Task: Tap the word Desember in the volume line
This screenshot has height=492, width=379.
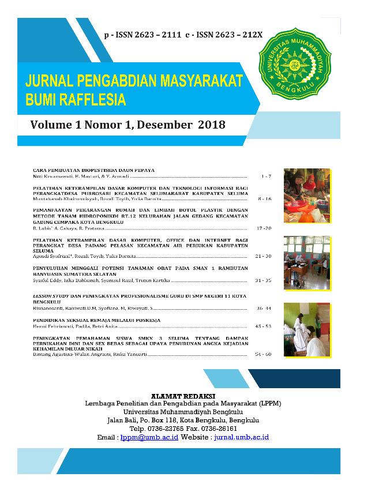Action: (163, 125)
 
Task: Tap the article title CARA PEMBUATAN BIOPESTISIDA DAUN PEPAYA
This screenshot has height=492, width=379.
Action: (94, 170)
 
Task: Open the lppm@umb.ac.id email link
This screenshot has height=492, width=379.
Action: (150, 437)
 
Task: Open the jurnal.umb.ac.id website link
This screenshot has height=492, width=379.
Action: (241, 437)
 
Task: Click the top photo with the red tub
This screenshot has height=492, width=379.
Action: (307, 195)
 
